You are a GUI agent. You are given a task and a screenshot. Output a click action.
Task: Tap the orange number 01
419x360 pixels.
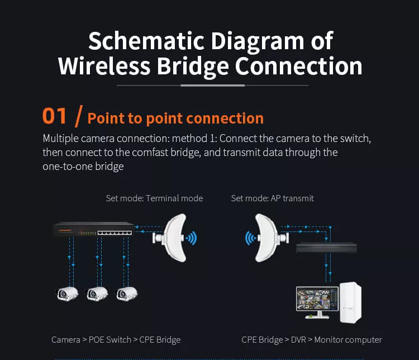coord(55,116)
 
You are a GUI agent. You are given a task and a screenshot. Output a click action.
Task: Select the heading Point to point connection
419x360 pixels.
coord(175,118)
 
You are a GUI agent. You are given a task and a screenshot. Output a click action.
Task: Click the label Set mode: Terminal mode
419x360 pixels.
coord(154,198)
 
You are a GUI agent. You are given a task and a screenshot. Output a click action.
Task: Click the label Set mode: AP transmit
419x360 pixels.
coord(272,198)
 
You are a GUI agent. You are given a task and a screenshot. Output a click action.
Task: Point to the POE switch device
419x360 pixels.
coord(93,229)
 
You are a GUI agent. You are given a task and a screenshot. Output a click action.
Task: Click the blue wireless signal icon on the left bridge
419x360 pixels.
coord(191,239)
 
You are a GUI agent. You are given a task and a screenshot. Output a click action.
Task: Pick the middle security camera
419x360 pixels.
coord(97,293)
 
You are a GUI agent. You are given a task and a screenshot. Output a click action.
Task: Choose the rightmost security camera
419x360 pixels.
coord(126,293)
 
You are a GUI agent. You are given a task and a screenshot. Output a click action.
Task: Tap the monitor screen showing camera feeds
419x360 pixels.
coord(317,302)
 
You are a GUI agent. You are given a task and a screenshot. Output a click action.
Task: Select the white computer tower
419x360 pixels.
coord(350,302)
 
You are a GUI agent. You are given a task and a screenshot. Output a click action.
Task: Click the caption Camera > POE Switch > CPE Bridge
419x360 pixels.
coord(116,339)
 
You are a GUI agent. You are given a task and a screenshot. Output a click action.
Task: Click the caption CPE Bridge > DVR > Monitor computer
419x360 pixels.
coord(312,339)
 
